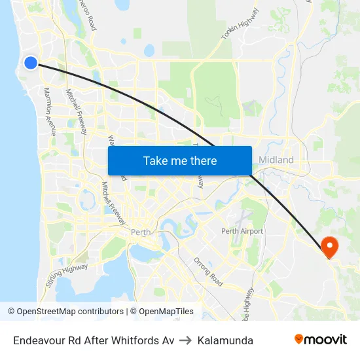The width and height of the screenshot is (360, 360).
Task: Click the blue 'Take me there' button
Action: (x=180, y=160)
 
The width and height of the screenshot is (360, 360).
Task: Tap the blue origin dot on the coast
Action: (x=31, y=62)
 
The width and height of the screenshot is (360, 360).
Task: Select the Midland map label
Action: (x=276, y=160)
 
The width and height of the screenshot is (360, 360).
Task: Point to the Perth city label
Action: (x=141, y=232)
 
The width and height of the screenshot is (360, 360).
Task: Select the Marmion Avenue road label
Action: (x=50, y=111)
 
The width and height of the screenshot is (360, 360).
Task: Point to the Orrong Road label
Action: (x=209, y=271)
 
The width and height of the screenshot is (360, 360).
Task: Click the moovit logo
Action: (x=320, y=339)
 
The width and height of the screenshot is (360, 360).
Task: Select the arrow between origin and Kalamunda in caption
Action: (x=186, y=340)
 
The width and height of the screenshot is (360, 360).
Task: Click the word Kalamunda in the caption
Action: (x=225, y=340)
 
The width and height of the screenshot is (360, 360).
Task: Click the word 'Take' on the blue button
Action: (x=155, y=160)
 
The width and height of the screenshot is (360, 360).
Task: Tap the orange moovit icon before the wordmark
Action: (x=299, y=339)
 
